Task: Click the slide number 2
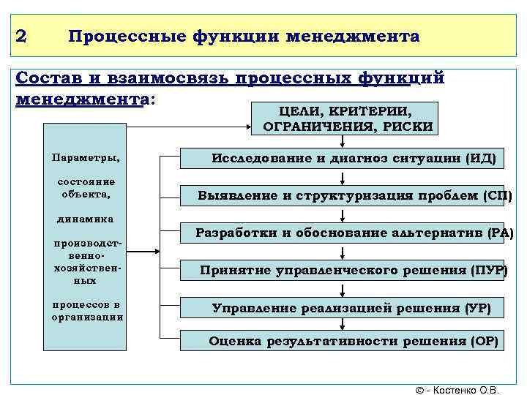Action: (x=20, y=36)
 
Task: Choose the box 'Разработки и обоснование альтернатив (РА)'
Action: (x=355, y=233)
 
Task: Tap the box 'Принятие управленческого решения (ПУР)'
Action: (x=354, y=270)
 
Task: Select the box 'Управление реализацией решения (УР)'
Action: (x=351, y=307)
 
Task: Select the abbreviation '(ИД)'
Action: (x=480, y=157)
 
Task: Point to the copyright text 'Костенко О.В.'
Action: (x=468, y=389)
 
